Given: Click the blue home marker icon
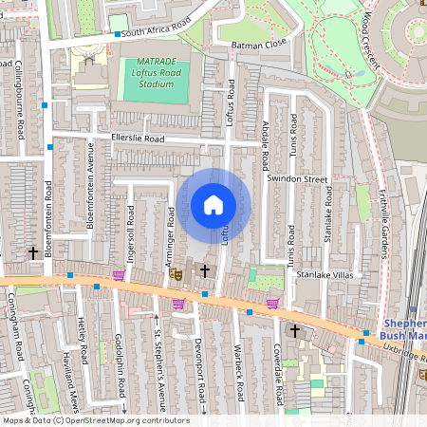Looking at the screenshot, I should click(x=213, y=205).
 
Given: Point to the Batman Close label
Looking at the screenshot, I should click(x=251, y=45).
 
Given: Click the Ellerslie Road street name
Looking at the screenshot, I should click(x=138, y=139).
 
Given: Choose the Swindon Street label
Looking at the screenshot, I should click(x=297, y=178).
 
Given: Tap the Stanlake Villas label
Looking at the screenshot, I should click(x=324, y=274).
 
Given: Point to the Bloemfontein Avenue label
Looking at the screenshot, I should click(x=91, y=176).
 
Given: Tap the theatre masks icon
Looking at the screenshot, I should click(x=175, y=273).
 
